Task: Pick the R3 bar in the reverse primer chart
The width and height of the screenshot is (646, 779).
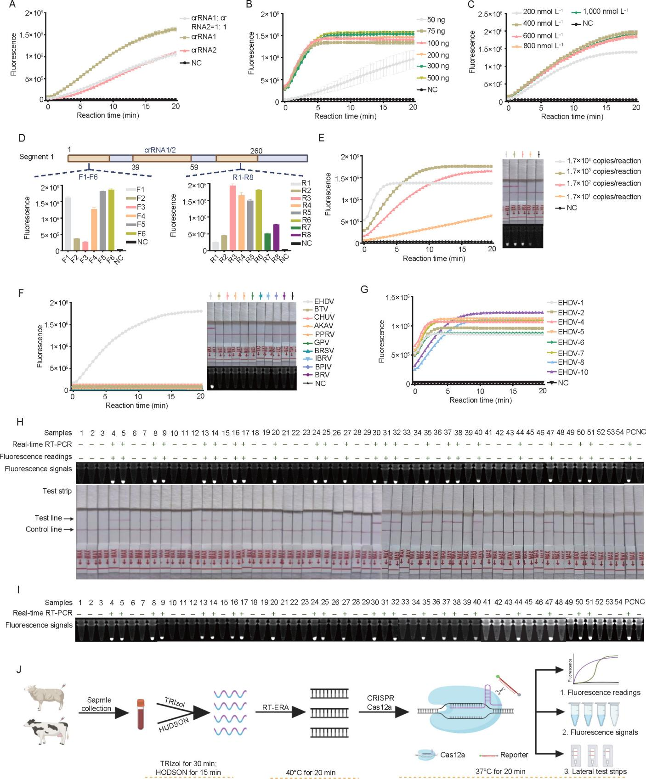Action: click(x=232, y=218)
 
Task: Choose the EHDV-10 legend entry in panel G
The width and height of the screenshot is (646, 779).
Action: click(x=572, y=372)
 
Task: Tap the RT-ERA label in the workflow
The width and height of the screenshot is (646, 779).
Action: click(x=276, y=707)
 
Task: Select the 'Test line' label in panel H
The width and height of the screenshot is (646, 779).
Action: click(x=48, y=518)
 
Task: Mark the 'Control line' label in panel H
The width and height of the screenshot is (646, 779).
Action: click(x=44, y=529)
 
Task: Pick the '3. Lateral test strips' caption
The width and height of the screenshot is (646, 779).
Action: click(x=595, y=771)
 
